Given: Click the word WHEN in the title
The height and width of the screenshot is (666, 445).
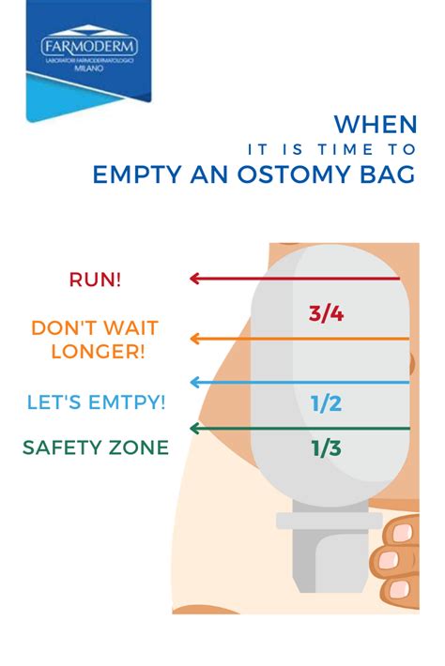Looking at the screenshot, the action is click(376, 125).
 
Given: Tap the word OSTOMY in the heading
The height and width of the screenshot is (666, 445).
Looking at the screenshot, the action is click(294, 174).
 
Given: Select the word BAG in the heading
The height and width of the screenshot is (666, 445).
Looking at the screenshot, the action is click(388, 174).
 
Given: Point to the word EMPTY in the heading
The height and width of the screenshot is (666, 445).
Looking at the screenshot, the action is click(136, 174).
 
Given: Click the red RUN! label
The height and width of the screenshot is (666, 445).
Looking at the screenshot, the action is click(95, 280).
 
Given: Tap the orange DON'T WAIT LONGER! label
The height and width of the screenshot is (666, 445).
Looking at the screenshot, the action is click(95, 340).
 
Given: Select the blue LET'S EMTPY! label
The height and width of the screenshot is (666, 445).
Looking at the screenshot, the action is click(96, 402).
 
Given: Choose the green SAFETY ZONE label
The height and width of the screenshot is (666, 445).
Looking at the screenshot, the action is click(96, 447).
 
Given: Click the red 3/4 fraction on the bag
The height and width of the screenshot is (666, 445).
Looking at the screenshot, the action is click(326, 314).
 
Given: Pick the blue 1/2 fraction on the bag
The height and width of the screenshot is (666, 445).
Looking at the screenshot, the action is click(326, 403).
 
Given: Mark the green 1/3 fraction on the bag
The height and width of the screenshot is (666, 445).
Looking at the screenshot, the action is click(326, 448).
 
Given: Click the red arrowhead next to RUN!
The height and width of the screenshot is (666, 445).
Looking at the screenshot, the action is click(194, 279).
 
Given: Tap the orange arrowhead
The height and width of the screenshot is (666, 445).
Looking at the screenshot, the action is click(194, 339).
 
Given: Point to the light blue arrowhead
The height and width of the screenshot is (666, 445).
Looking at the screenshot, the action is click(194, 383).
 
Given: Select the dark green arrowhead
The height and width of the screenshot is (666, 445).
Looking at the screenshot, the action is click(194, 429).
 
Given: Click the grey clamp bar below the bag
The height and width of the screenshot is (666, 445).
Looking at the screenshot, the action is click(330, 521).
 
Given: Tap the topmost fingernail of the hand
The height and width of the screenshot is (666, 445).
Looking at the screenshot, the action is click(402, 533).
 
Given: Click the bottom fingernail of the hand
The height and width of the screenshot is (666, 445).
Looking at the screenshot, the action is click(399, 589).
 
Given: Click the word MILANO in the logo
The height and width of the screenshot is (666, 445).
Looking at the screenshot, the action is click(89, 68).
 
